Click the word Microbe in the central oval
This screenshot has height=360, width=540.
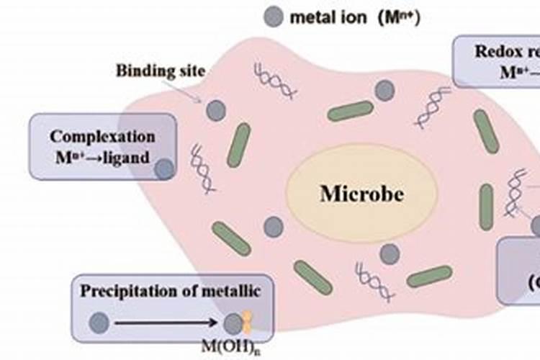pyautogui.click(x=361, y=194)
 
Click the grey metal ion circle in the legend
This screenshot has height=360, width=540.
pyautogui.click(x=274, y=17)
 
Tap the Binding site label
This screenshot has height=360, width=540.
pyautogui.click(x=161, y=71)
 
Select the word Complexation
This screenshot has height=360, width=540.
pyautogui.click(x=102, y=136)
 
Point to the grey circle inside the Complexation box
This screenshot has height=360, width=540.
pyautogui.click(x=164, y=169)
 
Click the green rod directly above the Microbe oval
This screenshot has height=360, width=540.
pyautogui.click(x=351, y=111)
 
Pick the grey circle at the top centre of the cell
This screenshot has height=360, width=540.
pyautogui.click(x=385, y=90)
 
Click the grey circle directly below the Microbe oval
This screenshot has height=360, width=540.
pyautogui.click(x=390, y=253)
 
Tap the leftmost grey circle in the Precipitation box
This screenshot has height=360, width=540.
pyautogui.click(x=99, y=322)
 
